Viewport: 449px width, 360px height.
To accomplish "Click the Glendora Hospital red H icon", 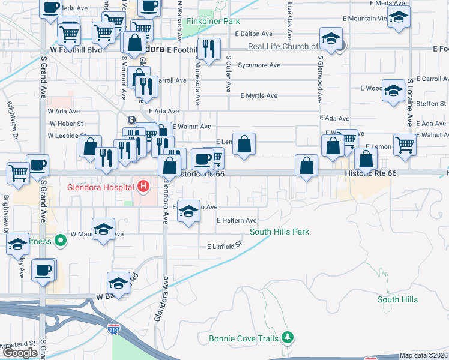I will point(143,187).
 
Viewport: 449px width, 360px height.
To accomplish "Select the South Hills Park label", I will point(279,232).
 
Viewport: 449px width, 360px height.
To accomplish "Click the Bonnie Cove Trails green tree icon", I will point(289,337).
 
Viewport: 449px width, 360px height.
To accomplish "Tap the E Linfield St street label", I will point(224,246).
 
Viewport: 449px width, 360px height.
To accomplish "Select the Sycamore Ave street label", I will point(259,65).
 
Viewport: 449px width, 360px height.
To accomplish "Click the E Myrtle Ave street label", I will point(259,95).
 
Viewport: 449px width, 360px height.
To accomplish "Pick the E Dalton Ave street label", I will point(254,35).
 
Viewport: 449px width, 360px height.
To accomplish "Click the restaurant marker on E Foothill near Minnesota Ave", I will point(209,49).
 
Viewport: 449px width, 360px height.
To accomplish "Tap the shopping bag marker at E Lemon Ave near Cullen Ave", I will point(244,144).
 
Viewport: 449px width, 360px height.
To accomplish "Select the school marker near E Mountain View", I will point(398,17).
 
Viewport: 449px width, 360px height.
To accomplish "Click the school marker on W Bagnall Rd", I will point(118,284).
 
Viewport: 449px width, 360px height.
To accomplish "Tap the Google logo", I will point(20,353).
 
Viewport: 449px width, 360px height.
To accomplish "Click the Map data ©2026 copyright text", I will point(424,355).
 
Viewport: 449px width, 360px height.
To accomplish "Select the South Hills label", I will point(398,299).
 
